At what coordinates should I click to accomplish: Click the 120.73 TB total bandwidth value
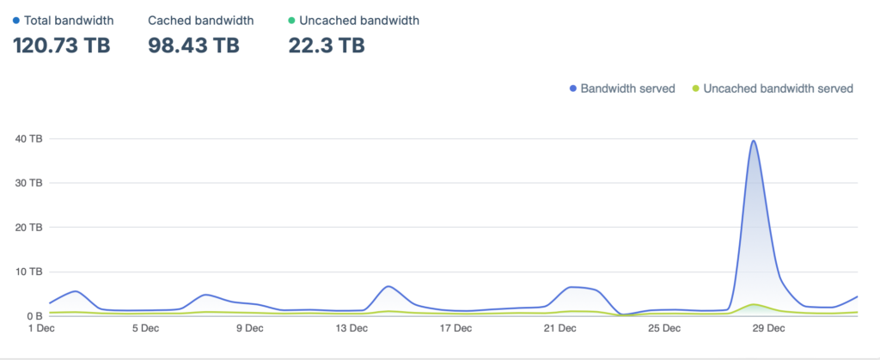coord(62,45)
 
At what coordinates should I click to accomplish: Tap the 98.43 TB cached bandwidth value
coord(193,45)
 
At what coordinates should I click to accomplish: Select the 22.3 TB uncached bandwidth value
coord(327,45)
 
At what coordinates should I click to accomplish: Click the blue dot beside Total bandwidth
coord(16,19)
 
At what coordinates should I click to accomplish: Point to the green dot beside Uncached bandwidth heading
coord(292,19)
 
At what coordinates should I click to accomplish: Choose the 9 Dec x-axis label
coord(248,328)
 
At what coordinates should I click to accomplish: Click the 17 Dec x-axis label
coord(456,328)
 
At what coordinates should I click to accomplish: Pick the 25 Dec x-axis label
coord(664,328)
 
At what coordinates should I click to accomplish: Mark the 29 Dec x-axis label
coord(767,328)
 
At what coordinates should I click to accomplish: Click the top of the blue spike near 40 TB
coord(754,141)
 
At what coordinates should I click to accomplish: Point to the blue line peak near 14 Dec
coord(388,286)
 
